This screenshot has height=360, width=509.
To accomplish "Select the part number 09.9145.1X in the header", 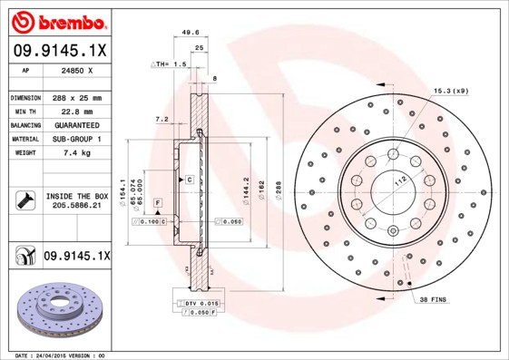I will [60, 50].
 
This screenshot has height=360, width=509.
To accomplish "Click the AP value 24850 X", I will [73, 70].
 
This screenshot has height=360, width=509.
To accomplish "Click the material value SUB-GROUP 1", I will [76, 139].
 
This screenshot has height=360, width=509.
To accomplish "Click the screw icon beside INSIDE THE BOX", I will [24, 201].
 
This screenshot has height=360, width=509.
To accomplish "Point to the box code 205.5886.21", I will [76, 208].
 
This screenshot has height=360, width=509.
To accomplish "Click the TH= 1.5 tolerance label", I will [170, 64].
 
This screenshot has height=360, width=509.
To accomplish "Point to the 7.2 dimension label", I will [161, 119].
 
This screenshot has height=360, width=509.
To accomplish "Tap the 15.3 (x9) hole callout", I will [450, 91].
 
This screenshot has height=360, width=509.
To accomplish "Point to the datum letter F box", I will [157, 201].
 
